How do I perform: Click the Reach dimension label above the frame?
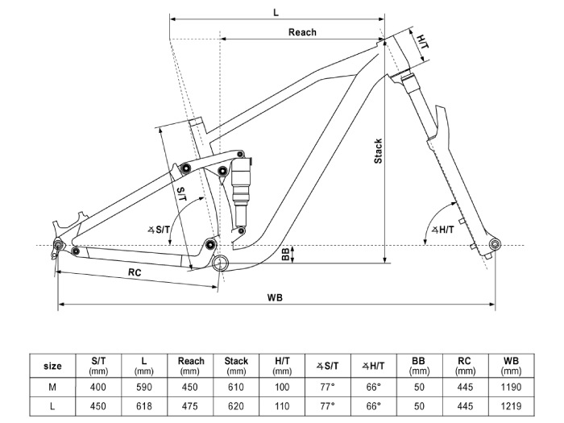point(302,32)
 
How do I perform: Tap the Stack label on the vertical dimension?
point(378,151)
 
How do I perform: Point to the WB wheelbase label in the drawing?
point(275,297)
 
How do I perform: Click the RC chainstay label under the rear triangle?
point(135,272)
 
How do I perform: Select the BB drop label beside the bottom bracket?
point(285,254)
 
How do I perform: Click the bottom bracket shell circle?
point(220,263)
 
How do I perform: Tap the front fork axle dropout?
point(495,245)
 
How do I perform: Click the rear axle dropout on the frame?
point(58,245)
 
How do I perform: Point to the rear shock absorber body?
point(241,191)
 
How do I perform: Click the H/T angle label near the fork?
point(443,230)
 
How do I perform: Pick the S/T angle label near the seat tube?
point(159,229)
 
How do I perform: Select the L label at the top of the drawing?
point(276,13)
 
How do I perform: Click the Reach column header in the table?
point(191,361)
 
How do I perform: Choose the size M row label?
point(52,387)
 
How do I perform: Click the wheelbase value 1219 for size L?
point(511,406)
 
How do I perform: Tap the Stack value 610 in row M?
point(236,387)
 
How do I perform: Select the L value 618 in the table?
point(144,406)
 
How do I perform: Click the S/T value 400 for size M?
point(97,387)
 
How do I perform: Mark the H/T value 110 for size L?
point(282,406)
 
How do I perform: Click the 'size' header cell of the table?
point(52,366)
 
